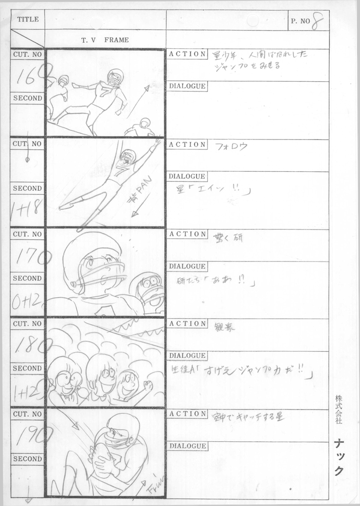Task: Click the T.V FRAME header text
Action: click(105, 40)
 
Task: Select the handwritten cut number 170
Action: click(33, 257)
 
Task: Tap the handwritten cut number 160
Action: click(32, 76)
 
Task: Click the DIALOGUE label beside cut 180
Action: click(187, 356)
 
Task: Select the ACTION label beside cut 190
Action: click(187, 413)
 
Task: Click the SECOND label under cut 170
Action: click(27, 278)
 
